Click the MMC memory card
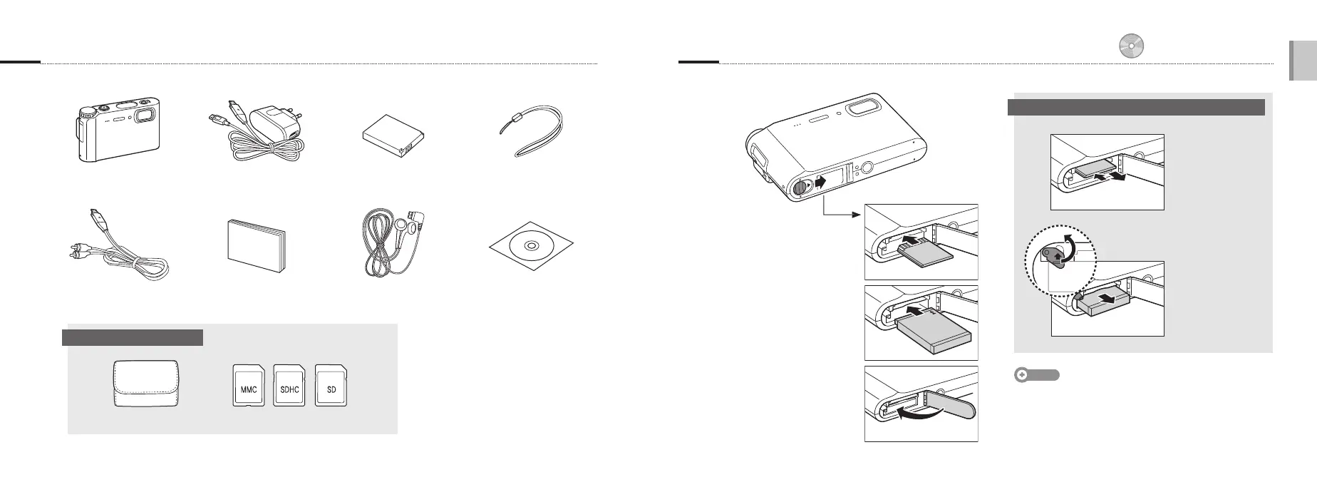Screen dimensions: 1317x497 (x=249, y=386)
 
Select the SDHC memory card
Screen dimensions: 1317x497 (x=289, y=386)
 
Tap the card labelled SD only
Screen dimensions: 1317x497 (x=331, y=386)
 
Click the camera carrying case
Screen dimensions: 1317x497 (x=146, y=384)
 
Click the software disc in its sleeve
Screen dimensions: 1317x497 (x=532, y=246)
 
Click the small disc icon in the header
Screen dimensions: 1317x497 (x=1131, y=46)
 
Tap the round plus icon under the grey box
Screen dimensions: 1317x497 (x=1022, y=375)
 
